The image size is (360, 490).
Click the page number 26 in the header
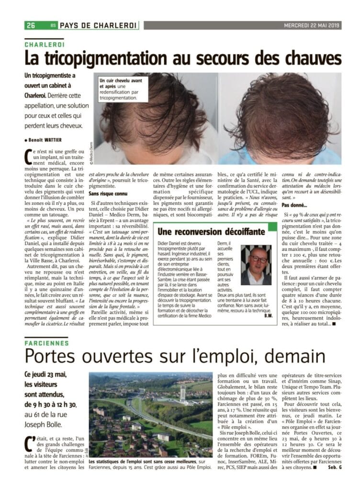pos(31,25)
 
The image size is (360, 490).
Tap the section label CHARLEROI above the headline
pos(45,44)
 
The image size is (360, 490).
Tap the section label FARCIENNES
pos(46,342)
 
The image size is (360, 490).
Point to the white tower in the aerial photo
pos(182,395)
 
